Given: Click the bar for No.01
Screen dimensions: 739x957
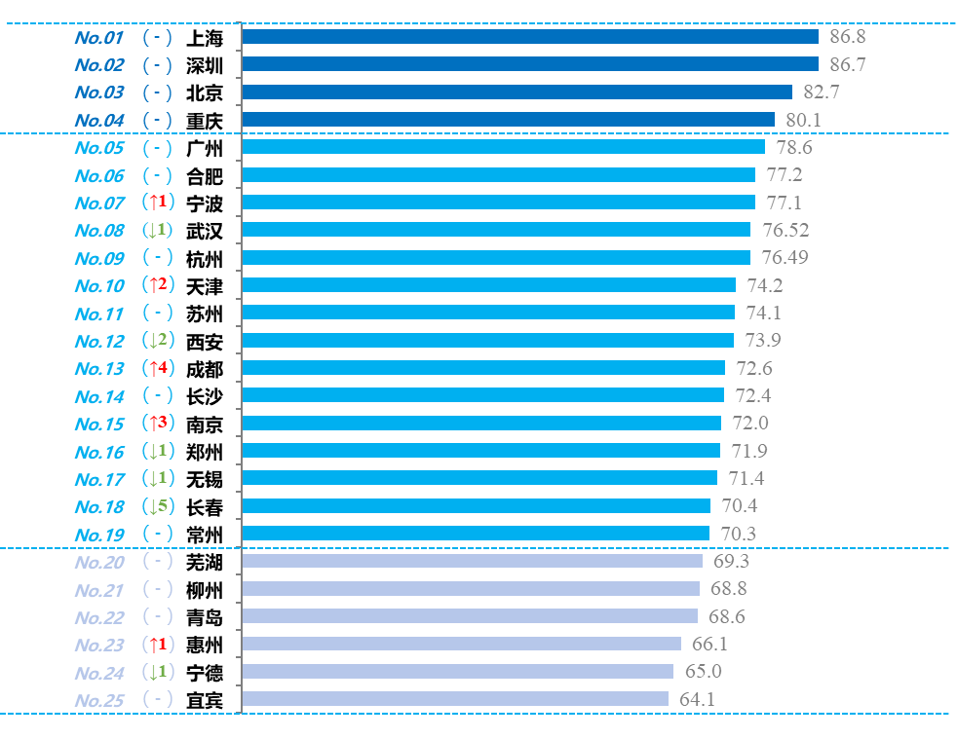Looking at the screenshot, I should (x=529, y=37).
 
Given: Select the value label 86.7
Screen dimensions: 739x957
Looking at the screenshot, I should (x=847, y=65).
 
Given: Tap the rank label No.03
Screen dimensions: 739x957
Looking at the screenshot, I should (x=98, y=92).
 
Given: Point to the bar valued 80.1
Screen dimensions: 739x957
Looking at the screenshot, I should (x=508, y=120).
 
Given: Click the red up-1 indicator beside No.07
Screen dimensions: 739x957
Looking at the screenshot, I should (x=157, y=203).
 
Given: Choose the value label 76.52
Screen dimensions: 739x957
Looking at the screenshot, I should (x=785, y=230).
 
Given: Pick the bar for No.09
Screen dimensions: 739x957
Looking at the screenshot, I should (x=496, y=258).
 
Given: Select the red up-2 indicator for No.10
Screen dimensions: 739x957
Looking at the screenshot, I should (x=157, y=285).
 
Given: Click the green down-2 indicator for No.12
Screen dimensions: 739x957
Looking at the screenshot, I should (x=157, y=341).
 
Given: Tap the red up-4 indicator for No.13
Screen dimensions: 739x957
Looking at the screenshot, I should (x=157, y=368).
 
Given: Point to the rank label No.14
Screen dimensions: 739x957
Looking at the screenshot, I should (x=98, y=396).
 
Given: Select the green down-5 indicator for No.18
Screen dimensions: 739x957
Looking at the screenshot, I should (x=157, y=506).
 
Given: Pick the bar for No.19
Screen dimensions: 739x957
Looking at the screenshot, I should (x=476, y=534).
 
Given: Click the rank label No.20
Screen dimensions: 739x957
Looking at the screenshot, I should (x=98, y=562).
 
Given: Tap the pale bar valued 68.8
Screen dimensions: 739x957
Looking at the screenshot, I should (x=471, y=589).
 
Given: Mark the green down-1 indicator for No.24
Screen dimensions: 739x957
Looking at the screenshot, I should (x=157, y=672).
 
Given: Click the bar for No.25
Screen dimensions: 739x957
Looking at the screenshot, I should (x=455, y=699).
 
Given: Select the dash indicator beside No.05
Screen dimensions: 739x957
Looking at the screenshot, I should (x=157, y=148).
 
